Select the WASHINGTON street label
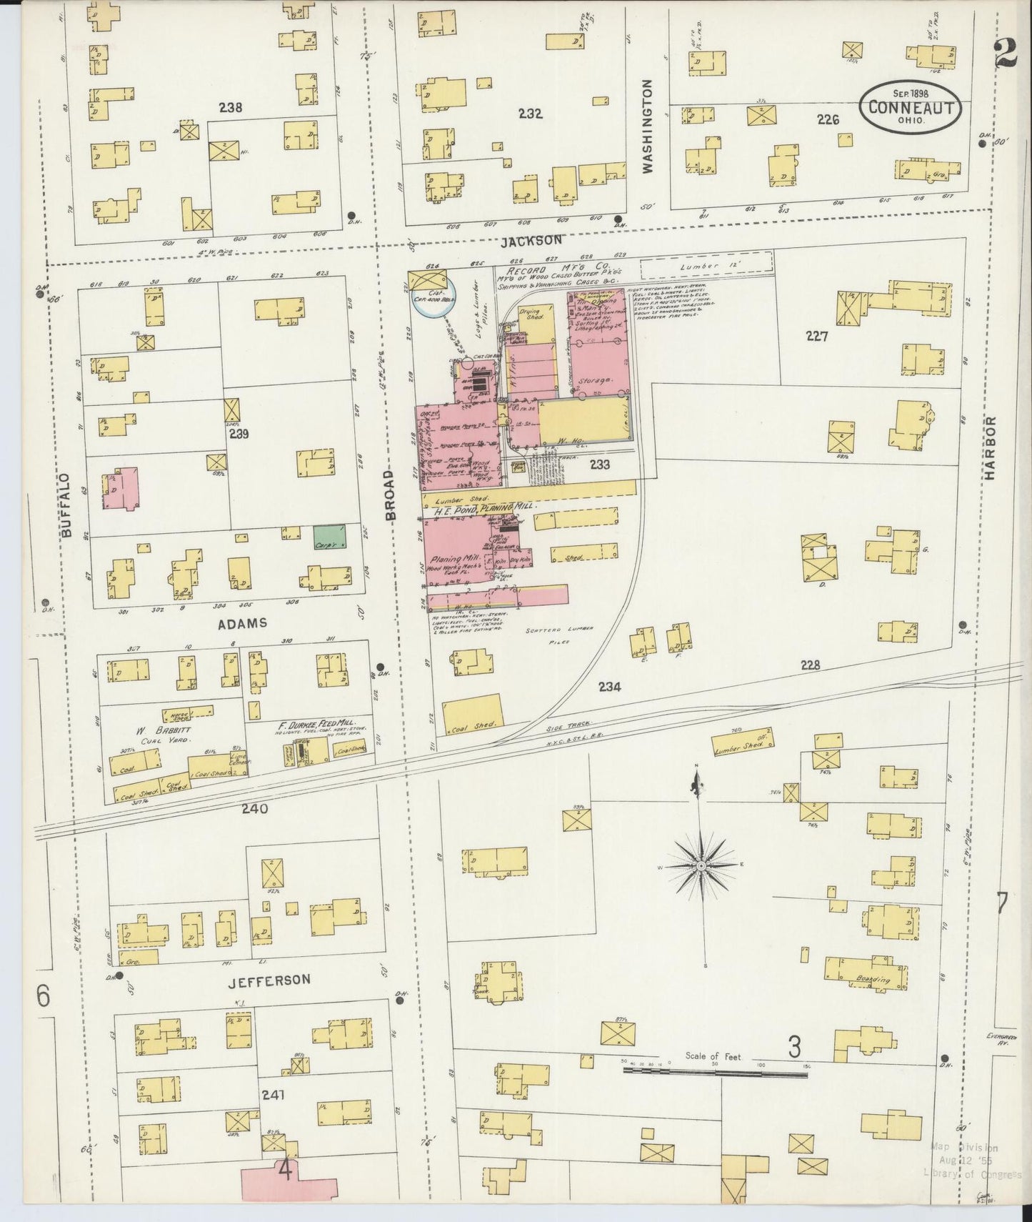coord(648,126)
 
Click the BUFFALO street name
coord(66,505)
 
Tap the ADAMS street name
coord(244,623)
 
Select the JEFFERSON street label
coord(269,980)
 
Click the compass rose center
coord(702,865)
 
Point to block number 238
coord(231,108)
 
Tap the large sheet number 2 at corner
coord(1006,52)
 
